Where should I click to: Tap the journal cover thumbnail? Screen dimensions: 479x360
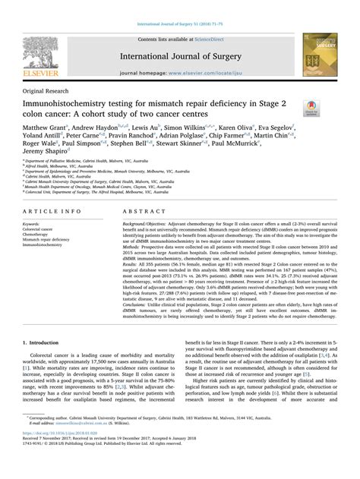[323, 53]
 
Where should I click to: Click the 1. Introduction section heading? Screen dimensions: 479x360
[46, 344]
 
